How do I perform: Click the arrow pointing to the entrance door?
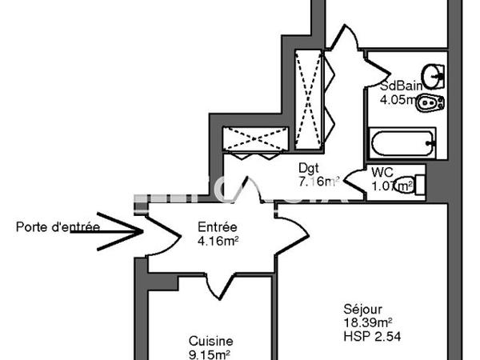click(x=120, y=232)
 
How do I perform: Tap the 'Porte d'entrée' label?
click(x=58, y=226)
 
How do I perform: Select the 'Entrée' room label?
click(x=217, y=226)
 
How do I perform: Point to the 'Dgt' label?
click(x=309, y=169)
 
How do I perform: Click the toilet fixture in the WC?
click(x=415, y=185)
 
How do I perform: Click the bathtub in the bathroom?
click(x=402, y=146)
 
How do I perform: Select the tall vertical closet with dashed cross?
click(x=308, y=93)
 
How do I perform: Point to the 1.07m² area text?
click(x=391, y=187)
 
